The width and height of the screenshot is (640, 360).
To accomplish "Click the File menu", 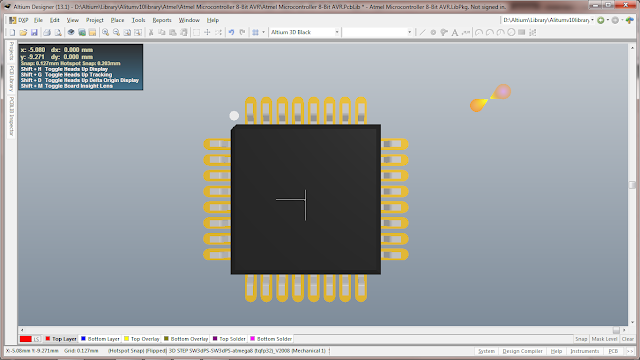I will pos(38,20).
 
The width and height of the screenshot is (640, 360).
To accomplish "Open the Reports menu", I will pos(161,20).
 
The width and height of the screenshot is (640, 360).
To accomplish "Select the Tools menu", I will pos(138,20).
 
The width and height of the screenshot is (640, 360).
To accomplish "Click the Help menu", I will pos(213,20).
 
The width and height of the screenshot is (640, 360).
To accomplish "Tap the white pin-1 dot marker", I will pos(234,116).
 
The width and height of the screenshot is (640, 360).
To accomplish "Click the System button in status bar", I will pos(486,351).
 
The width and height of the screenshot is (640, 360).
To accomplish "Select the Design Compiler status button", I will pos(522,351).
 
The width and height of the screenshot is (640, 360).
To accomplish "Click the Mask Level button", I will pos(603,339).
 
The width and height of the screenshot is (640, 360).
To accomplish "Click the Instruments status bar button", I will pos(585,351).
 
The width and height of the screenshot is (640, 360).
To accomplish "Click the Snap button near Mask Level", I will pos(580,339).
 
